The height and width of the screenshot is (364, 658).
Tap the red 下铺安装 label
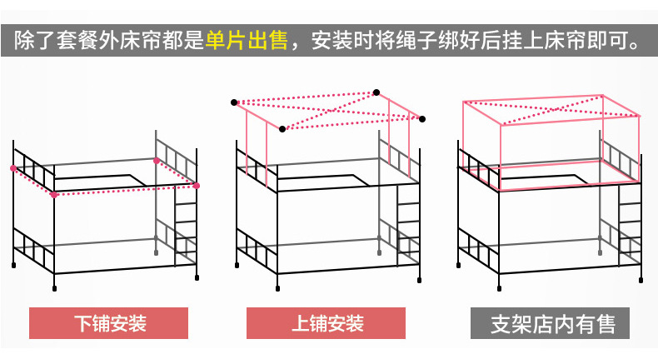pyautogui.click(x=111, y=322)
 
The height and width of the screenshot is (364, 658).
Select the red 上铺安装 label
pyautogui.click(x=327, y=322)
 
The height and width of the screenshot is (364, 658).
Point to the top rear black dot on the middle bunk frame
pyautogui.click(x=376, y=92)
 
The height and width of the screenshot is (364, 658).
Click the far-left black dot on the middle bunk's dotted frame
pyautogui.click(x=235, y=102)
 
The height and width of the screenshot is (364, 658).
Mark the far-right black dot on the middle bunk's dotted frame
pyautogui.click(x=422, y=118)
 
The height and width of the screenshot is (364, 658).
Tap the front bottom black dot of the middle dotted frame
pyautogui.click(x=282, y=129)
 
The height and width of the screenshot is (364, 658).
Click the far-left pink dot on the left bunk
pyautogui.click(x=12, y=168)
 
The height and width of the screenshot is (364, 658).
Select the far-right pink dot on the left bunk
pyautogui.click(x=197, y=185)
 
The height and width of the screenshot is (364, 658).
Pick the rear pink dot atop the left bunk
pyautogui.click(x=156, y=160)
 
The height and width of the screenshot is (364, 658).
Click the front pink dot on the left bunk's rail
pyautogui.click(x=54, y=195)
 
